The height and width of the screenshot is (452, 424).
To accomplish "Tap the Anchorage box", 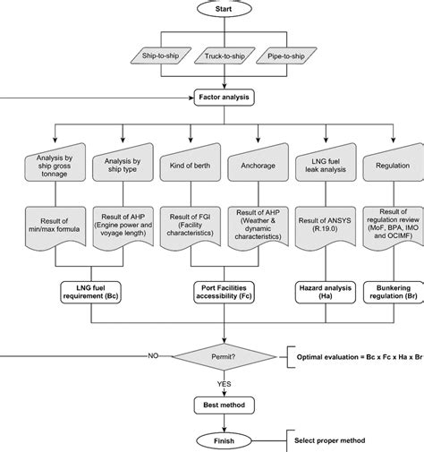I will (x=257, y=166).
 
